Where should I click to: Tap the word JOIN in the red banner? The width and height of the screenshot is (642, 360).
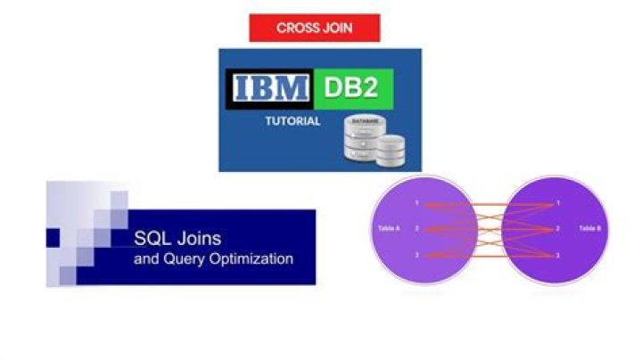click(337, 28)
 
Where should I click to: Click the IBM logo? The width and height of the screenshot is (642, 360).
click(271, 88)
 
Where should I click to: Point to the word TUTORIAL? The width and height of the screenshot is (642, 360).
click(292, 121)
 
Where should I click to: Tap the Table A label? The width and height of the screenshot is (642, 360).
click(390, 229)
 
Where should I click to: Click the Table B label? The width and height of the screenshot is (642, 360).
click(590, 229)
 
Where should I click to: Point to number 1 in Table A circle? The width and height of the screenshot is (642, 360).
click(417, 204)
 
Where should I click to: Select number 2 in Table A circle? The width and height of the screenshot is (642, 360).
click(417, 229)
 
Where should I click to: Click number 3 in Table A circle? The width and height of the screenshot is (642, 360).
click(417, 255)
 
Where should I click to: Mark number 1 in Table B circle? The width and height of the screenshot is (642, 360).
click(558, 204)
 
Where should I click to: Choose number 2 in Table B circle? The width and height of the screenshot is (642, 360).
click(558, 229)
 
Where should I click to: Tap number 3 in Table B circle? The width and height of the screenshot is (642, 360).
click(558, 255)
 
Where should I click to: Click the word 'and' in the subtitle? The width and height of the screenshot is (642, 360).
click(144, 259)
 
